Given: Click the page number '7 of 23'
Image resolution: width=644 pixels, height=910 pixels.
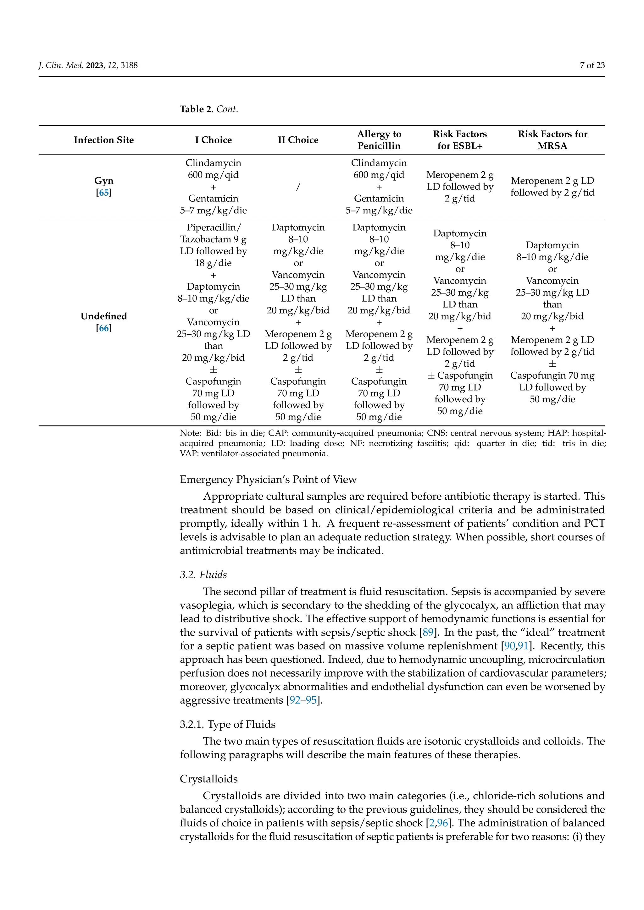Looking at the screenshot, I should (592, 65).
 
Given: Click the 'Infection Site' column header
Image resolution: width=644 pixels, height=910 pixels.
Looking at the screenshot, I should (103, 140).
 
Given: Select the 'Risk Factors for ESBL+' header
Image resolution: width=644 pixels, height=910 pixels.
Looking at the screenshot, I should (460, 140).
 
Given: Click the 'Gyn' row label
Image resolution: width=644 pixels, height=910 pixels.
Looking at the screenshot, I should (103, 181).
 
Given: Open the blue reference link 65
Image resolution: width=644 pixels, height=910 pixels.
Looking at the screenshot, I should (104, 193).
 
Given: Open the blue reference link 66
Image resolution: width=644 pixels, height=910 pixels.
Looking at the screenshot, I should (104, 328).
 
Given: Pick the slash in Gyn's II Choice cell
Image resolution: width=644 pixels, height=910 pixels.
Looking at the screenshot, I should (298, 187).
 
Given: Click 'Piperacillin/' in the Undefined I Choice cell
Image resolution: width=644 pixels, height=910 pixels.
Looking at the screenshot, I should (213, 227).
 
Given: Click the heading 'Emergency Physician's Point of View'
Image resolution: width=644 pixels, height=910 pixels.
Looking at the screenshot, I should (268, 480).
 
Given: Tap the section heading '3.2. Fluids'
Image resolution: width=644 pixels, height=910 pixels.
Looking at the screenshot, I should (203, 575).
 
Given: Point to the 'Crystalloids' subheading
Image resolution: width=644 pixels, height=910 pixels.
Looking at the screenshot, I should (208, 779).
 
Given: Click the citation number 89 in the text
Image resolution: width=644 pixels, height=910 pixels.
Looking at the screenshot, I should (428, 632).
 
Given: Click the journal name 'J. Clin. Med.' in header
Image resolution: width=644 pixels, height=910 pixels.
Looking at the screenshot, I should (61, 65).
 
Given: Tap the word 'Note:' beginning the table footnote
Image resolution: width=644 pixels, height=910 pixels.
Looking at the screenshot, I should (190, 433).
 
